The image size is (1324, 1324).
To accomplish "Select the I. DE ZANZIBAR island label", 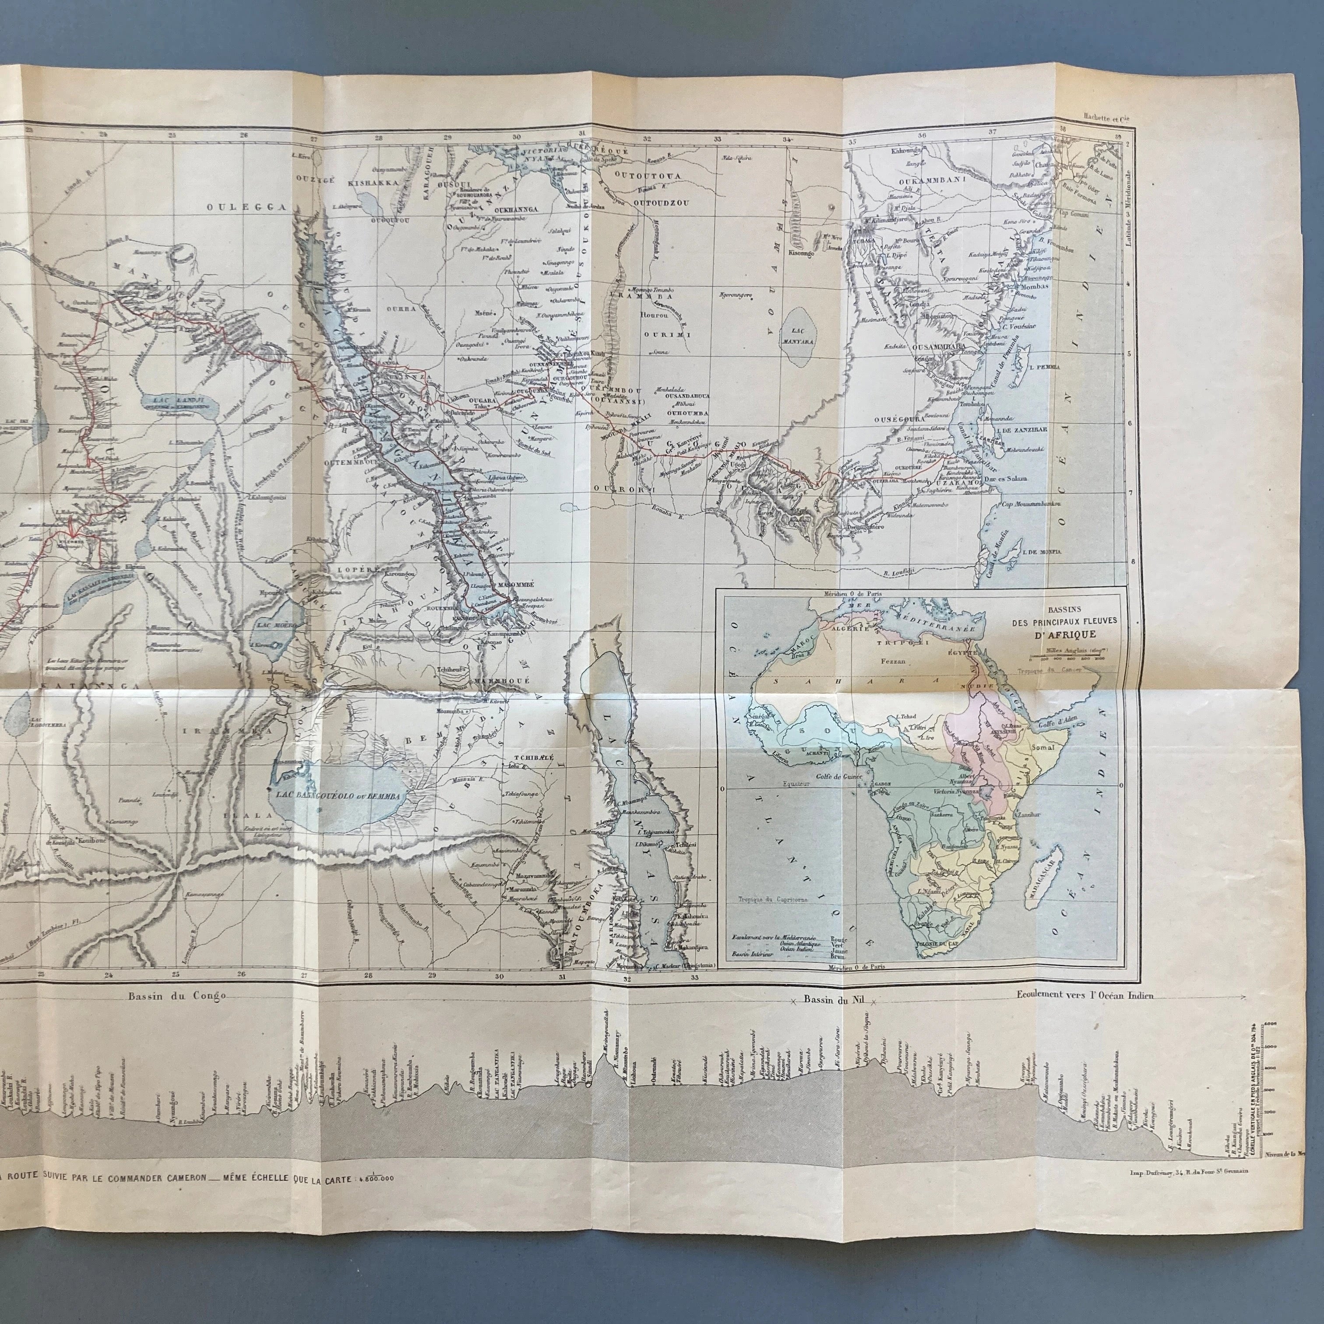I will (x=1021, y=428).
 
